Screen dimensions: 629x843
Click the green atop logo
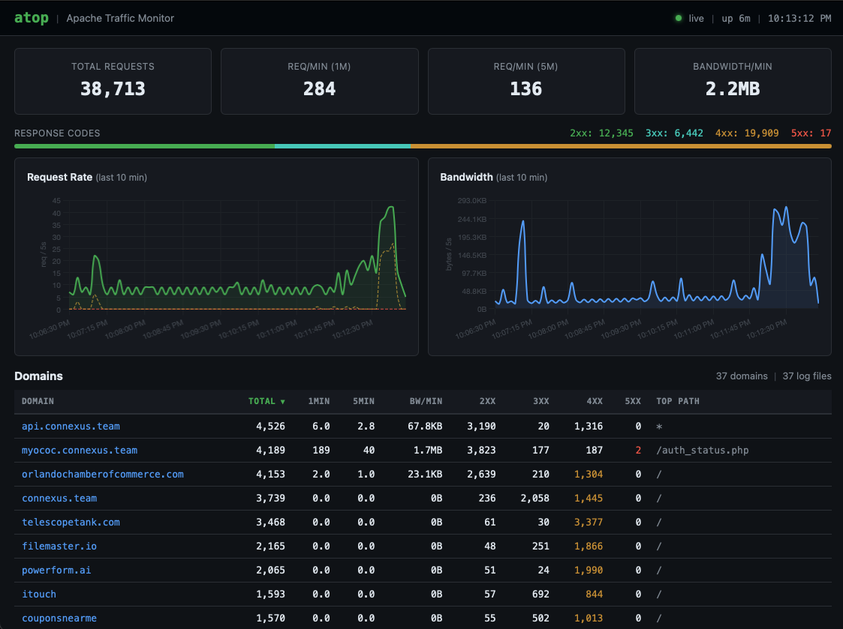pyautogui.click(x=31, y=18)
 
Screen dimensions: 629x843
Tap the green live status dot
pyautogui.click(x=679, y=18)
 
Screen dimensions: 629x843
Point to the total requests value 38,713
pyautogui.click(x=113, y=89)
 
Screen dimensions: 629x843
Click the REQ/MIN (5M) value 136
pyautogui.click(x=525, y=89)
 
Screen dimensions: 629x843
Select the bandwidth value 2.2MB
pyautogui.click(x=732, y=89)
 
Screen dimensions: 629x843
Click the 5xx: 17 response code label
pyautogui.click(x=811, y=133)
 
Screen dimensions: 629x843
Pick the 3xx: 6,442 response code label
pyautogui.click(x=674, y=133)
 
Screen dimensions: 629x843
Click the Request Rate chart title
pyautogui.click(x=60, y=178)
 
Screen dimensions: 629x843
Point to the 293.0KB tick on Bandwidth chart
pyautogui.click(x=472, y=201)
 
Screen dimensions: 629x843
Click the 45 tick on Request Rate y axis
pyautogui.click(x=56, y=201)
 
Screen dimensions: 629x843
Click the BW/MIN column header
pyautogui.click(x=426, y=401)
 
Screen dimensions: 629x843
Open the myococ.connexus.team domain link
pyautogui.click(x=80, y=451)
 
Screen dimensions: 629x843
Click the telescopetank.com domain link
pyautogui.click(x=71, y=523)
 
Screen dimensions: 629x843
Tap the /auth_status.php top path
pyautogui.click(x=702, y=451)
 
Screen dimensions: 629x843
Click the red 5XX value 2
pyautogui.click(x=637, y=451)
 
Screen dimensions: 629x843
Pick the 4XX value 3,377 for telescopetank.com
pyautogui.click(x=588, y=523)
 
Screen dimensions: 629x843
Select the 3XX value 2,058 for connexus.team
pyautogui.click(x=534, y=499)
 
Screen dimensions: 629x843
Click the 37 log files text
pyautogui.click(x=806, y=376)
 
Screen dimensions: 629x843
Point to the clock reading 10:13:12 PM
pyautogui.click(x=799, y=18)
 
